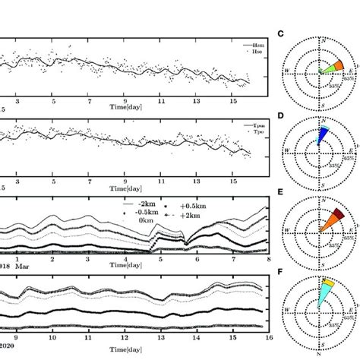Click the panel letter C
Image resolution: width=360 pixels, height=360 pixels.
coord(280,33)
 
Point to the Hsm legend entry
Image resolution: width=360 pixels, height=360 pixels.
coord(250,45)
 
